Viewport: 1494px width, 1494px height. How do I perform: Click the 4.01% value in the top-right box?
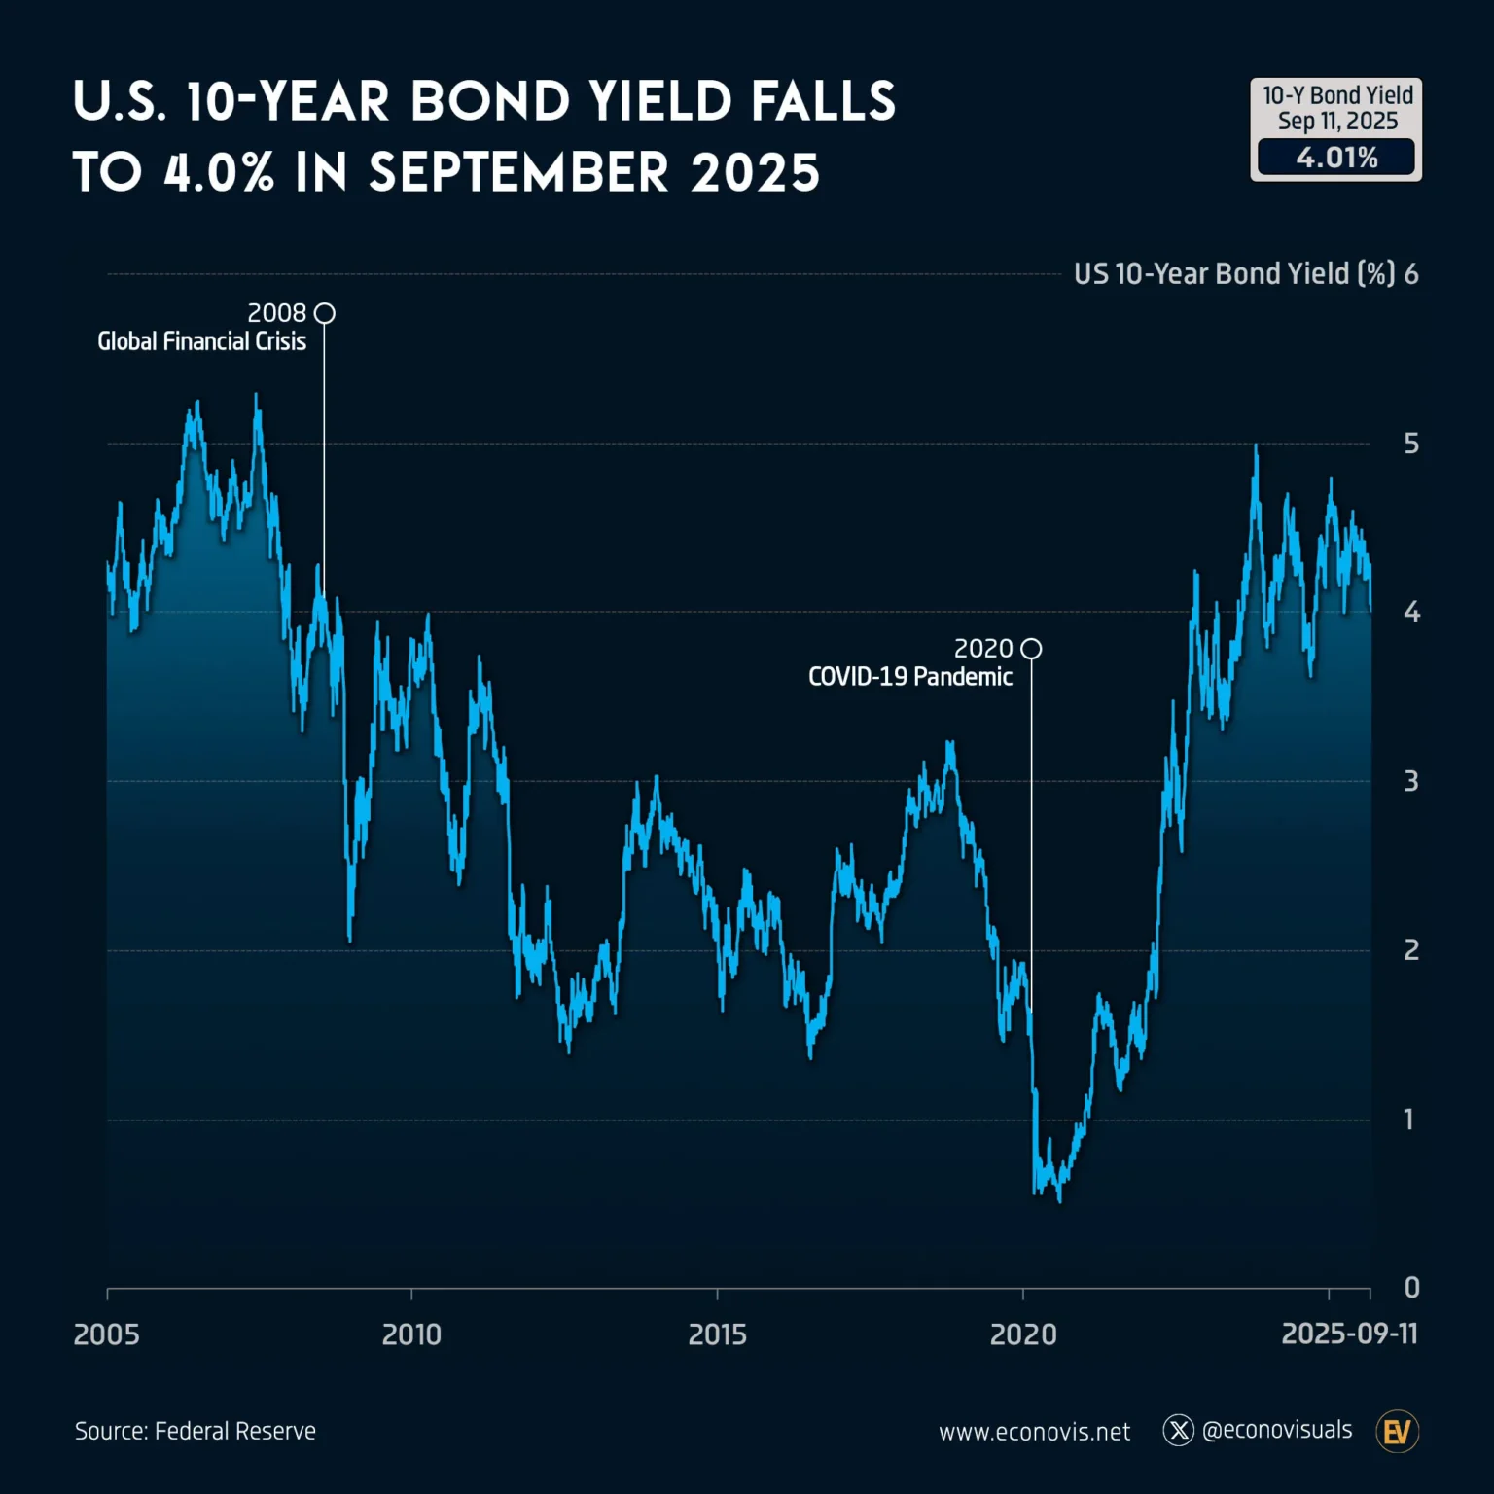(1336, 158)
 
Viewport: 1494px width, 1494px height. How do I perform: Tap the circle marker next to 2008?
(325, 313)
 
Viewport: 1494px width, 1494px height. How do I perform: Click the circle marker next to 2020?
(1031, 649)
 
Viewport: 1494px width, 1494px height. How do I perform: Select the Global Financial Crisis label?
(201, 341)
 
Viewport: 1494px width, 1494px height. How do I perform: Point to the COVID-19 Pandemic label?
(909, 677)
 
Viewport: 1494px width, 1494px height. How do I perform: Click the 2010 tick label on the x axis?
(411, 1334)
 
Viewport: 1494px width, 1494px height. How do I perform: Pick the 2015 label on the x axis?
(717, 1334)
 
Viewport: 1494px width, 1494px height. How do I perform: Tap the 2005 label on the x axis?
(106, 1334)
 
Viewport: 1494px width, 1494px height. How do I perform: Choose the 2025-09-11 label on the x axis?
(1349, 1333)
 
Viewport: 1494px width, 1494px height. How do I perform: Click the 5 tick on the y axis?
(1410, 444)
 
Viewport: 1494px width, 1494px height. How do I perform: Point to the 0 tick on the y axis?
(1411, 1288)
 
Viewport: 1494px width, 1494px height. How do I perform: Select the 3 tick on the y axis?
(1410, 781)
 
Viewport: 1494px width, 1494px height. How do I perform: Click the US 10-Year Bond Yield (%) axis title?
(1234, 274)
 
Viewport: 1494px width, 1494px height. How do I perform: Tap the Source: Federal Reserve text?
(196, 1431)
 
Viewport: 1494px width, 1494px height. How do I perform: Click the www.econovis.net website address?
(1034, 1432)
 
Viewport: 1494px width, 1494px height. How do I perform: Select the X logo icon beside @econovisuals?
(1178, 1430)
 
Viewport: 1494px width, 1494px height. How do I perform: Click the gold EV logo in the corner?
(1397, 1431)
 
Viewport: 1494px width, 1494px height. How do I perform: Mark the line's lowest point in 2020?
(1059, 1201)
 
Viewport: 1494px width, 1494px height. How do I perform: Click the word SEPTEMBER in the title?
(518, 173)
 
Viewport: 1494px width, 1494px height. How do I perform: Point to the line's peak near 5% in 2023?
(1256, 446)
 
